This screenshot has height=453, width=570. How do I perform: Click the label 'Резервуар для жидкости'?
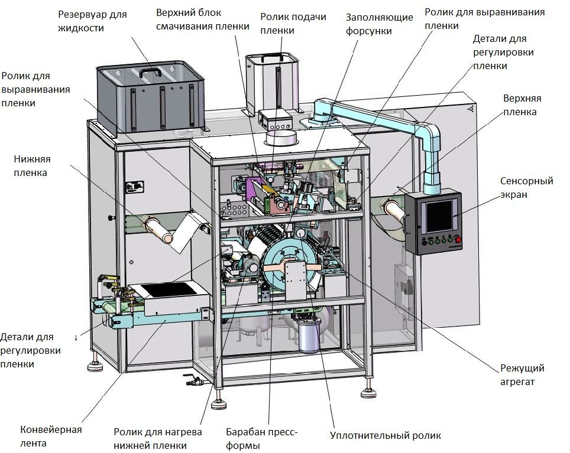coord(92,21)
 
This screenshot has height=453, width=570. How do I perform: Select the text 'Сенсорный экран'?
coord(526,187)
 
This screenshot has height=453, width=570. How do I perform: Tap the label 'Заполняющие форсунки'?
coord(379,24)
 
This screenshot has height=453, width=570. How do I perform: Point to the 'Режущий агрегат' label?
coord(522,374)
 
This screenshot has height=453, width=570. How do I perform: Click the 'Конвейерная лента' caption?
coord(51,436)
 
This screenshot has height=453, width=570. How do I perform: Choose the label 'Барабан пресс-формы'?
coord(262,438)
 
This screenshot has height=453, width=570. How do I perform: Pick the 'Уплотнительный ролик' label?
coord(386,435)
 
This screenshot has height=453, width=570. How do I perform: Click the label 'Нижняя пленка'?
coord(32,165)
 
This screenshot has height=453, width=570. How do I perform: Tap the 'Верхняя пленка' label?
coord(522,105)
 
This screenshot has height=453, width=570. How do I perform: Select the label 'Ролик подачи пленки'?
coord(293,23)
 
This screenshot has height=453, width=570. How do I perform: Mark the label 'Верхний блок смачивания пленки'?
coord(202,19)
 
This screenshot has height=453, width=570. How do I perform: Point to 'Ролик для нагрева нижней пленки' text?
coord(158,438)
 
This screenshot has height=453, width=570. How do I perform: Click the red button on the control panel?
coord(458,240)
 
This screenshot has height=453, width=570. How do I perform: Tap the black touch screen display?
coord(439,216)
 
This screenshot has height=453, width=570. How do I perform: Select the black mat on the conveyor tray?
coord(169,289)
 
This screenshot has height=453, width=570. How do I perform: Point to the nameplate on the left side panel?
coord(134,187)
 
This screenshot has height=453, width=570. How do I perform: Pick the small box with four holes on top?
coord(275,119)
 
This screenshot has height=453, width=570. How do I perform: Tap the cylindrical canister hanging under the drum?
coord(309,335)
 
